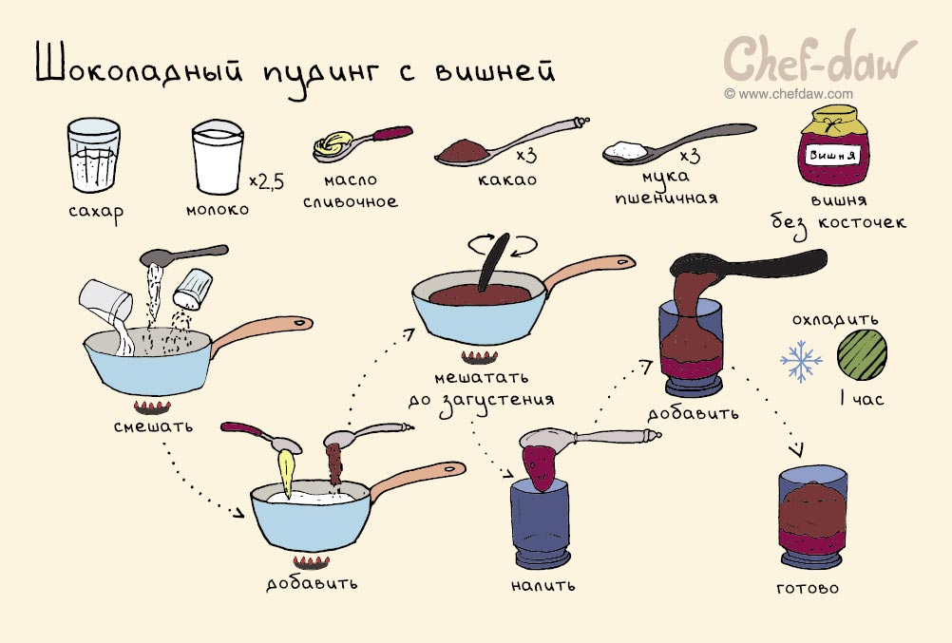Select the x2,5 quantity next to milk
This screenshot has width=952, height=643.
(x=267, y=180)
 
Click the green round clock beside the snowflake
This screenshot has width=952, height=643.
(x=862, y=352)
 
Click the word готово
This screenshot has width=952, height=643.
(x=808, y=588)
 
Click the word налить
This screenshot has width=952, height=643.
(x=543, y=584)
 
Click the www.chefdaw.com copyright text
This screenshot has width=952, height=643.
(x=788, y=94)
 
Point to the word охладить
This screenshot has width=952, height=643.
(x=835, y=318)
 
